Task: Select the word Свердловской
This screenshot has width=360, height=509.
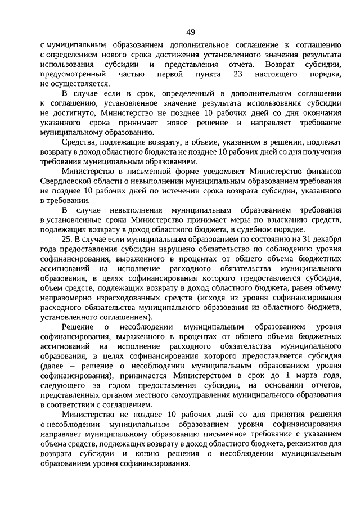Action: tap(69, 182)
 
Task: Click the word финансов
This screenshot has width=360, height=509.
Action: tap(323, 172)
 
